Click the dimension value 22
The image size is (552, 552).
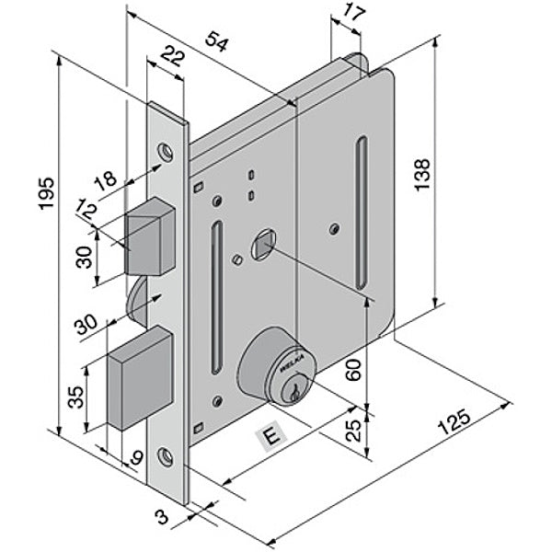(168, 59)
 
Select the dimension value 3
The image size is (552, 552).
(164, 518)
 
